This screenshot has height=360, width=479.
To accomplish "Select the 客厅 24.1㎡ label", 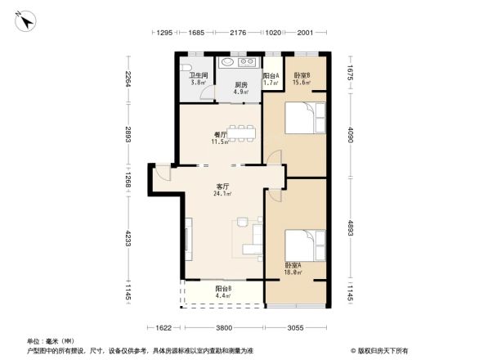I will point(222,190).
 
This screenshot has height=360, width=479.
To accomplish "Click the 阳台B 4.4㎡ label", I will point(223,292).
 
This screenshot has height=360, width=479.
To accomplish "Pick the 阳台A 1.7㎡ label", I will point(271,79).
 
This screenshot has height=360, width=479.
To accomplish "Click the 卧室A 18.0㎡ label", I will point(293,268).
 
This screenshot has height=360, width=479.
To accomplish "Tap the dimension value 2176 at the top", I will point(238,33).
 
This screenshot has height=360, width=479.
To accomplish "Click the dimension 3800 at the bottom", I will point(224,327).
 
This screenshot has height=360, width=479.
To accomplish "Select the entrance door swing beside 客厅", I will point(163,172).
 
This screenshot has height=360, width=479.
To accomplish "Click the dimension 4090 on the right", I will point(350,134).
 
